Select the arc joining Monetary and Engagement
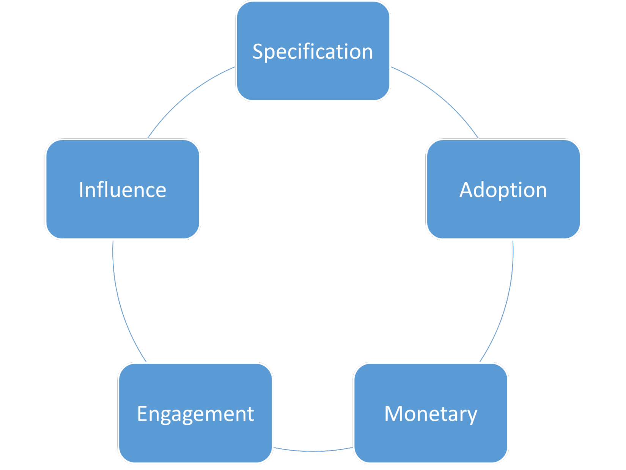(313, 451)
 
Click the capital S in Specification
(258, 52)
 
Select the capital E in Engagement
(142, 413)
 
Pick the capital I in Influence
(81, 189)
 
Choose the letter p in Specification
(272, 54)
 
